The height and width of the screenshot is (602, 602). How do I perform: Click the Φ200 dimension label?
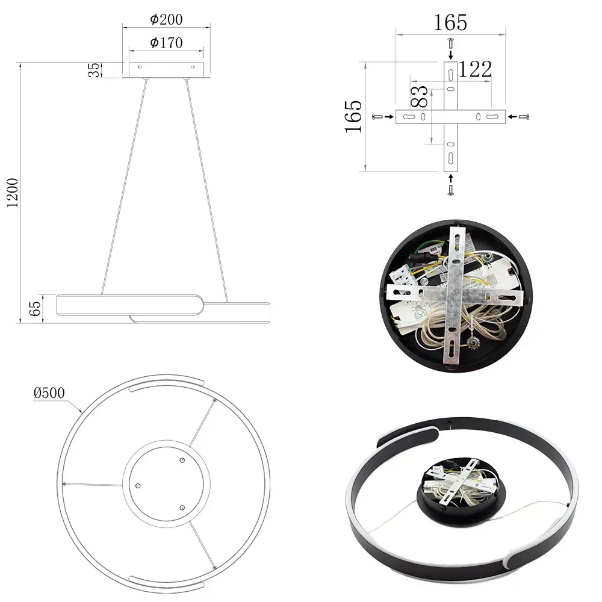pyautogui.click(x=166, y=19)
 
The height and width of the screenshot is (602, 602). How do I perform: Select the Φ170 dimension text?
pyautogui.click(x=166, y=43)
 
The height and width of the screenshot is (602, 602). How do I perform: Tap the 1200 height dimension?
pyautogui.click(x=13, y=193)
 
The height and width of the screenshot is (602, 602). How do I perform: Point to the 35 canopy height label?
pyautogui.click(x=94, y=70)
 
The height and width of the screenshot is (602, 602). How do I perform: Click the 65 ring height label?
pyautogui.click(x=35, y=309)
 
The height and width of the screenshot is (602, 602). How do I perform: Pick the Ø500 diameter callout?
pyautogui.click(x=49, y=393)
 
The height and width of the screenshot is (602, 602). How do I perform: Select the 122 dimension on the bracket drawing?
pyautogui.click(x=475, y=69)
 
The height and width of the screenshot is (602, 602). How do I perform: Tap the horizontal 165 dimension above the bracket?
pyautogui.click(x=450, y=23)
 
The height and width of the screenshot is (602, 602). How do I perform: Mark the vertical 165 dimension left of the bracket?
pyautogui.click(x=353, y=117)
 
